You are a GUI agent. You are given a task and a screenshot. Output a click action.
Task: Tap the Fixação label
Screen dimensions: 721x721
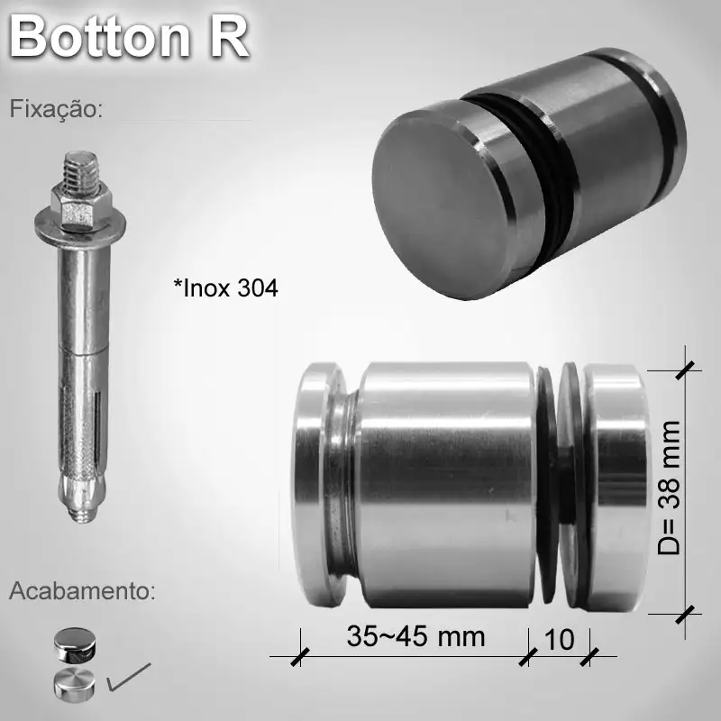[57, 110]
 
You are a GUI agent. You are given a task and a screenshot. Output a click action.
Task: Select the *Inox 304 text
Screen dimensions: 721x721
[225, 288]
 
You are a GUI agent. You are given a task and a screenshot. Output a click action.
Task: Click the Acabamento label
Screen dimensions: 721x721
[82, 592]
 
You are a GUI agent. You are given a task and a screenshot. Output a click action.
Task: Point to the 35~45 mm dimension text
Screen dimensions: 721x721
[415, 637]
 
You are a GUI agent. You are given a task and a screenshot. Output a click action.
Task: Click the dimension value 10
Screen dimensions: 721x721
[560, 639]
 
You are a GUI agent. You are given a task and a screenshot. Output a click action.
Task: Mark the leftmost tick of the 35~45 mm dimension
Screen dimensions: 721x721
[298, 656]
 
